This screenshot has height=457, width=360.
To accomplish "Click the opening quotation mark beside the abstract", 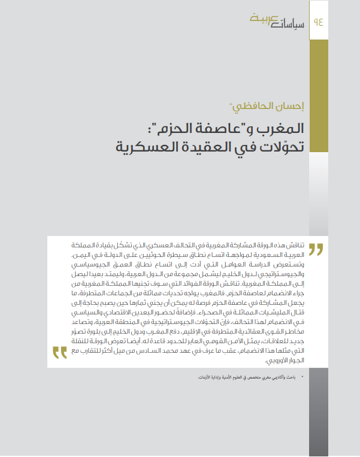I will click(x=316, y=249).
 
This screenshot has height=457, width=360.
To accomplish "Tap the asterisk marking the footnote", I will click(x=302, y=377).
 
